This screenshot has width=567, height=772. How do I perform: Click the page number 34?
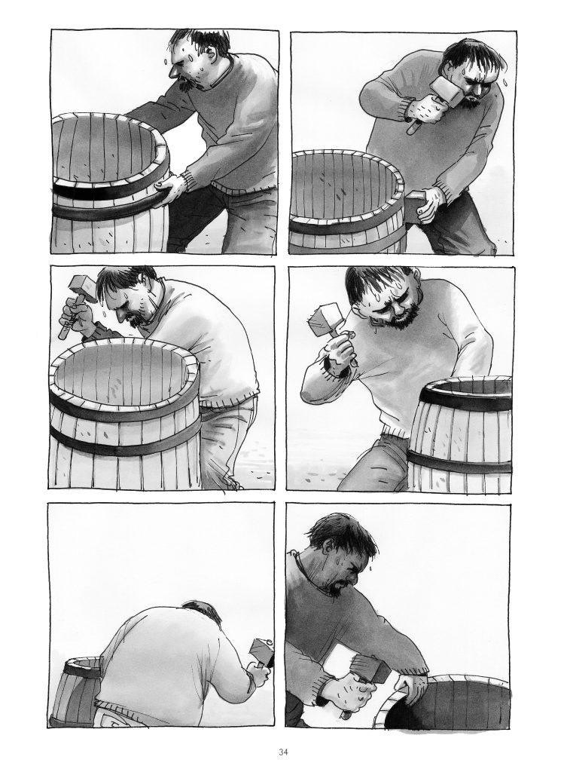coord(283,752)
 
